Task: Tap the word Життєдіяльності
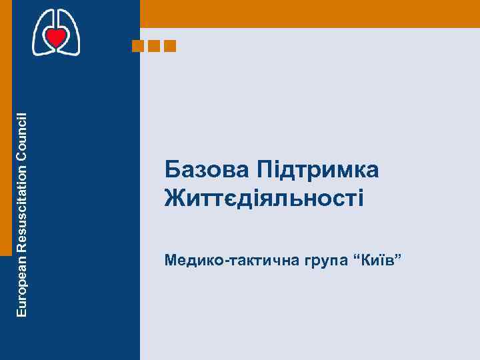[x=264, y=198]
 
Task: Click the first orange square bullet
[x=138, y=46]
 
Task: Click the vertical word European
[x=21, y=285]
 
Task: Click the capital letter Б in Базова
[x=172, y=171]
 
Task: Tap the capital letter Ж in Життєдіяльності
[x=175, y=198]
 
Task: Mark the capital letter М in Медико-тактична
[x=171, y=258]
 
